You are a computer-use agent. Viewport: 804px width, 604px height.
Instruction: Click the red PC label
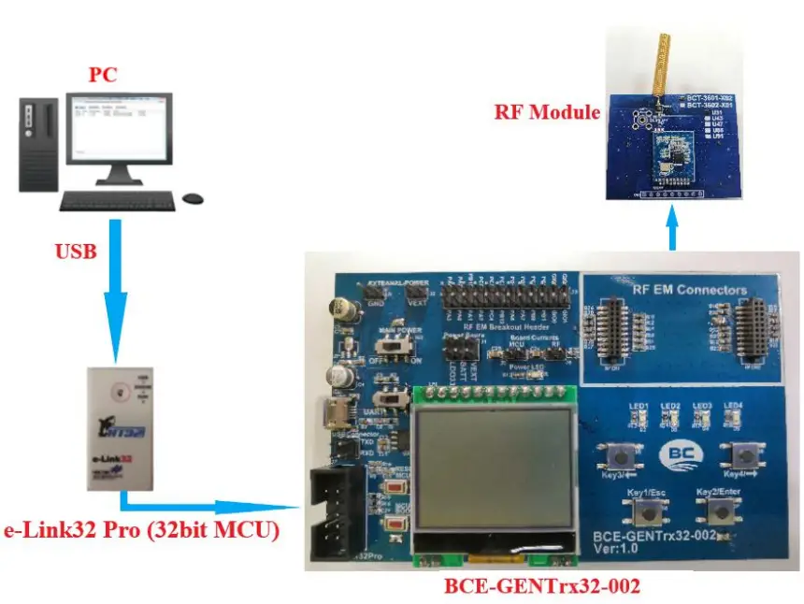pyautogui.click(x=104, y=75)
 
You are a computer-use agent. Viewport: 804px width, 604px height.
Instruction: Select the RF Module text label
pyautogui.click(x=547, y=112)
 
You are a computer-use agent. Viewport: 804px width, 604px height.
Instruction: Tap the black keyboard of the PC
pyautogui.click(x=118, y=200)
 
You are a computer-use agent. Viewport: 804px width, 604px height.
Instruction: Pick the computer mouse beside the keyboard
pyautogui.click(x=194, y=198)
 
